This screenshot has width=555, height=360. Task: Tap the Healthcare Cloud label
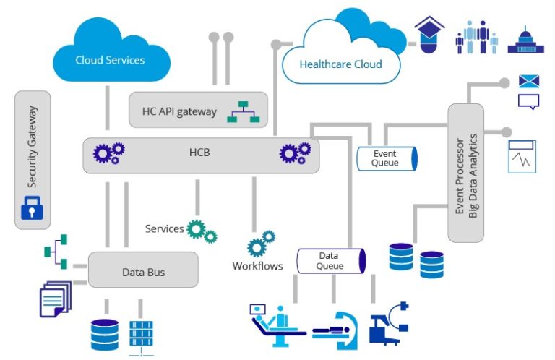pyautogui.click(x=340, y=64)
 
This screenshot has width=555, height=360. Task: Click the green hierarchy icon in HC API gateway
pyautogui.click(x=243, y=110)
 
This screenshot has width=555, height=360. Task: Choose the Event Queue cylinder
pyautogui.click(x=387, y=158)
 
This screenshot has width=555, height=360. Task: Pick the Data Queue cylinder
pyautogui.click(x=330, y=260)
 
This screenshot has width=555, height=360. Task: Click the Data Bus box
pyautogui.click(x=142, y=272)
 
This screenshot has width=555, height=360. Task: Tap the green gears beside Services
pyautogui.click(x=201, y=231)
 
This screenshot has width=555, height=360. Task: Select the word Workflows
pyautogui.click(x=257, y=266)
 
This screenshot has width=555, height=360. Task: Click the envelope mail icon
pyautogui.click(x=529, y=81)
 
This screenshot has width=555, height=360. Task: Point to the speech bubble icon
pyautogui.click(x=529, y=102)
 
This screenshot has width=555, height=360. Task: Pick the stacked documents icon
pyautogui.click(x=53, y=299)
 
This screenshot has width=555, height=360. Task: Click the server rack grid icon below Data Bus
pyautogui.click(x=141, y=333)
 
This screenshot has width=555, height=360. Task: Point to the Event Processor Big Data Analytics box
pyautogui.click(x=465, y=173)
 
